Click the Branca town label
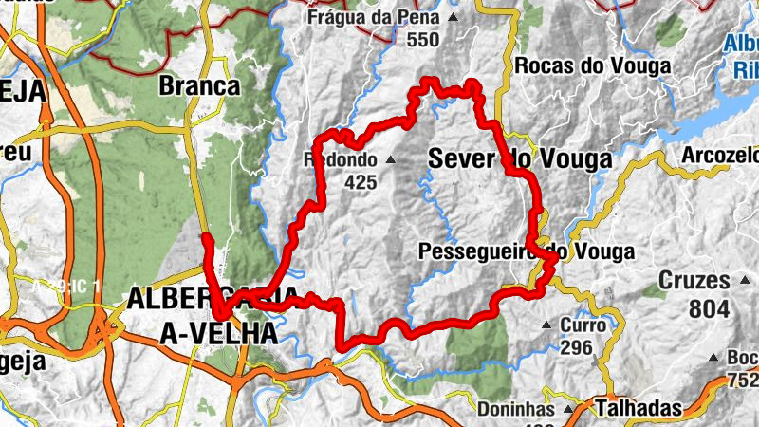pyautogui.click(x=199, y=85)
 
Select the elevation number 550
pyautogui.click(x=422, y=40)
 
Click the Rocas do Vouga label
pyautogui.click(x=592, y=65)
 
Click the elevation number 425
pyautogui.click(x=361, y=182)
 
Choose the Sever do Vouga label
pyautogui.click(x=520, y=159)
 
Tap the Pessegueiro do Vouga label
pyautogui.click(x=526, y=252)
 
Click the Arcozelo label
pyautogui.click(x=721, y=155)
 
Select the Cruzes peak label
pyautogui.click(x=694, y=281)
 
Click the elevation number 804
pyautogui.click(x=710, y=308)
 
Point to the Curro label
pyautogui.click(x=583, y=325)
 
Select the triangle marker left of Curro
pyautogui.click(x=546, y=326)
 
